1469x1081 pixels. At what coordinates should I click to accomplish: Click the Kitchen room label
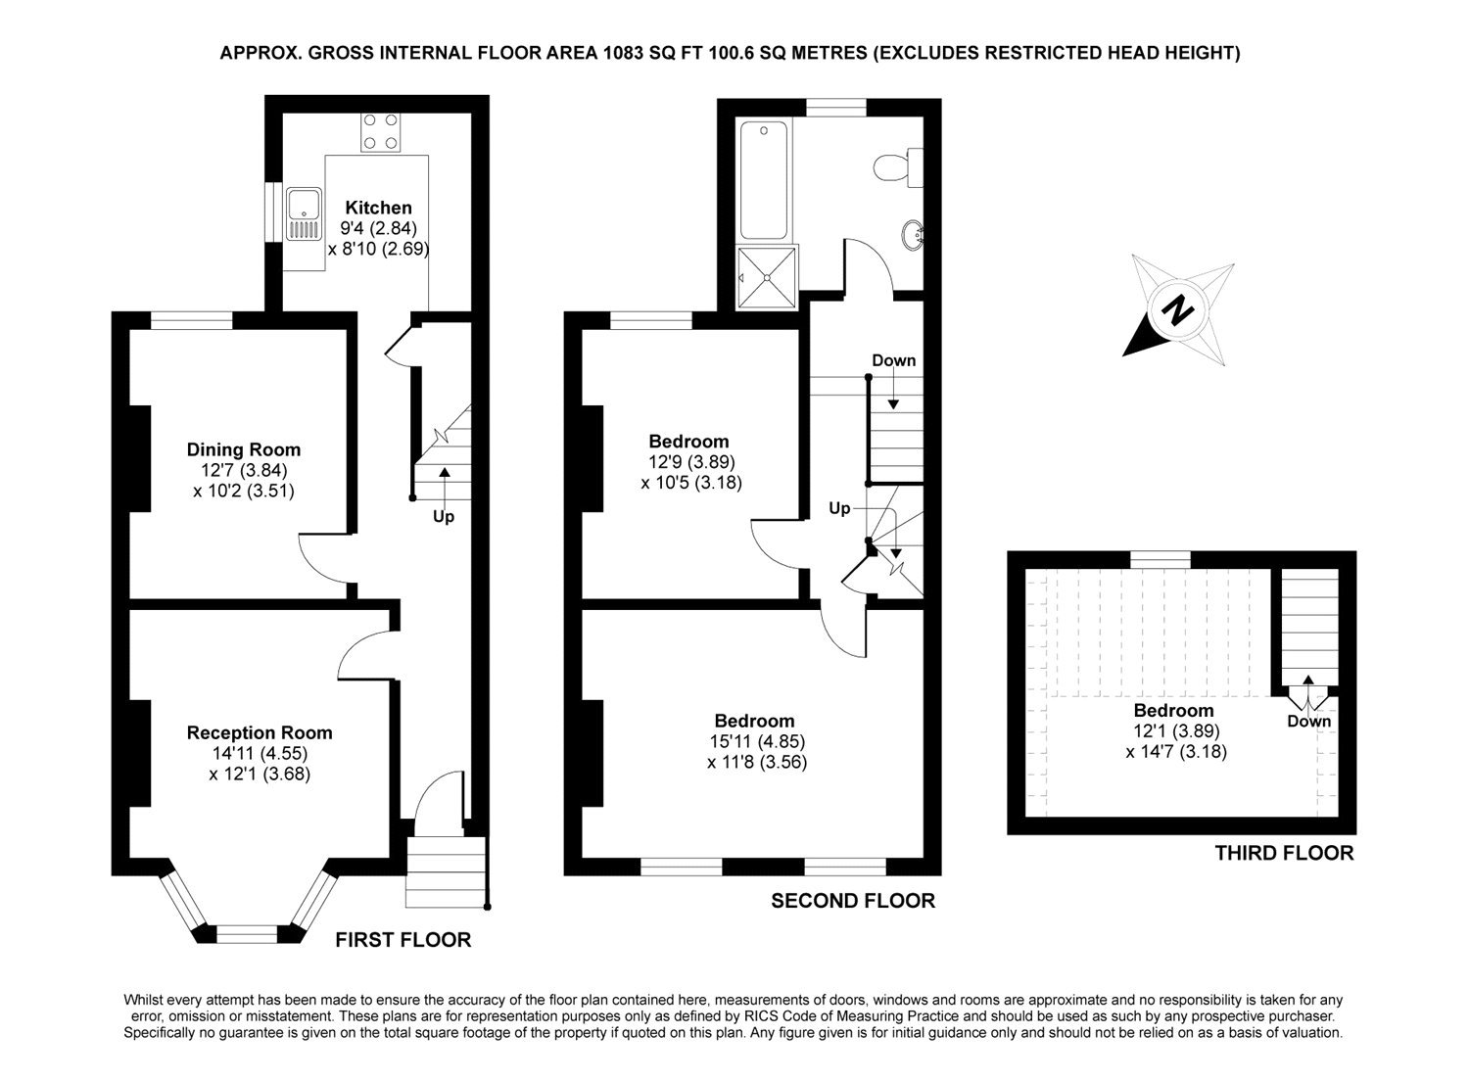pyautogui.click(x=378, y=208)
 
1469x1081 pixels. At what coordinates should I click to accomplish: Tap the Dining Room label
pyautogui.click(x=244, y=450)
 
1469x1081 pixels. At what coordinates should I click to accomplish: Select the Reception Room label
pyautogui.click(x=260, y=732)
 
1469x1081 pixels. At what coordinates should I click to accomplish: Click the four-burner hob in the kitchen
pyautogui.click(x=380, y=131)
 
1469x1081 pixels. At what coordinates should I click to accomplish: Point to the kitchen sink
pyautogui.click(x=304, y=215)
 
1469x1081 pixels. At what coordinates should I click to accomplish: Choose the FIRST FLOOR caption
pyautogui.click(x=403, y=940)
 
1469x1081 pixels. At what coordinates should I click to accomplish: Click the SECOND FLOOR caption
pyautogui.click(x=853, y=901)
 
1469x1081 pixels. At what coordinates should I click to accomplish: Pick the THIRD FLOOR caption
pyautogui.click(x=1284, y=853)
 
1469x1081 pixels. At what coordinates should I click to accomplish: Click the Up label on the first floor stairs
pyautogui.click(x=444, y=516)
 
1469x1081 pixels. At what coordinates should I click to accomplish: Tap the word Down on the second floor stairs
pyautogui.click(x=893, y=360)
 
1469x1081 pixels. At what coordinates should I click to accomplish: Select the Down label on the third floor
pyautogui.click(x=1309, y=722)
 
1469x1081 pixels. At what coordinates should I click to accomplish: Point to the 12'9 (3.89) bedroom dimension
pyautogui.click(x=690, y=462)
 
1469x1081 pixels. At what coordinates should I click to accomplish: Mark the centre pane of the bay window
pyautogui.click(x=247, y=934)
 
